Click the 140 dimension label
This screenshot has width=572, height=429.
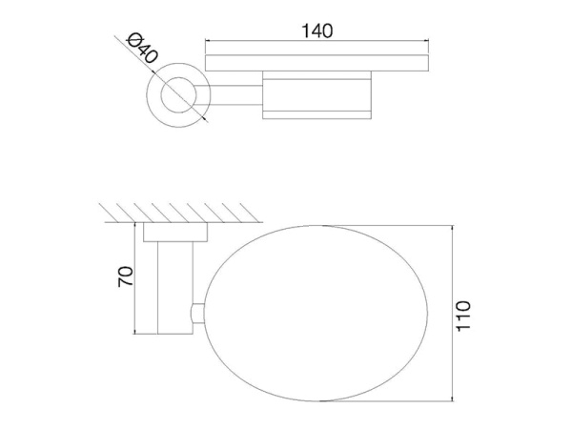[x=317, y=31]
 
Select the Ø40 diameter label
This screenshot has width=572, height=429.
[x=142, y=48]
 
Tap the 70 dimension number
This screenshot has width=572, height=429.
[x=125, y=276]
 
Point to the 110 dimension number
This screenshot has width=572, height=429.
[x=463, y=316]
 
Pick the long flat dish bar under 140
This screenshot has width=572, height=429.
[x=317, y=63]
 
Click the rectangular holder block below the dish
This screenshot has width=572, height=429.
[x=317, y=94]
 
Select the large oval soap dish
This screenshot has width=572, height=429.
[x=204, y=314]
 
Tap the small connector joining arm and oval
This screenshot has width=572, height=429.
[x=197, y=314]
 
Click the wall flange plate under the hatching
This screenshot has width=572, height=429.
[x=175, y=232]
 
